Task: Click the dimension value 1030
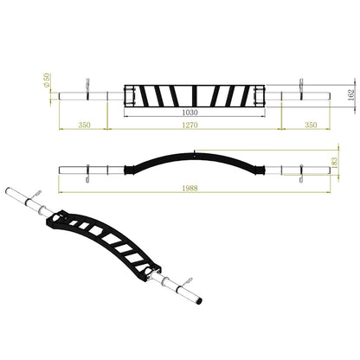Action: [x=190, y=112]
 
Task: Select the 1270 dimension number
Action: [x=190, y=125]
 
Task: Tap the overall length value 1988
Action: [x=190, y=188]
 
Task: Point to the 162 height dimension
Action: [x=351, y=95]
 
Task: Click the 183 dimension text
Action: [x=334, y=163]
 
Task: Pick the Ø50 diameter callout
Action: [x=47, y=80]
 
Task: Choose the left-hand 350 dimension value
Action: [x=84, y=125]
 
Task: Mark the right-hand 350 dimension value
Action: [x=311, y=125]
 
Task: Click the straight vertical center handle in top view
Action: [x=195, y=96]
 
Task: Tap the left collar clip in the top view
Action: [x=87, y=89]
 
